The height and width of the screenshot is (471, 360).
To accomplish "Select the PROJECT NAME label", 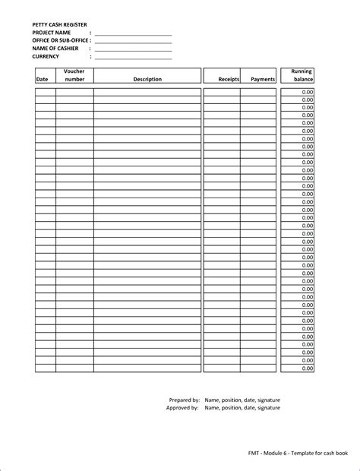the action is coord(52,33).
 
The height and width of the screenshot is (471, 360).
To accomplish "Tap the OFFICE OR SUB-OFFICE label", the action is coord(61,40).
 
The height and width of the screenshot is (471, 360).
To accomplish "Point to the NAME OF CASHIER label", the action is coord(55,49).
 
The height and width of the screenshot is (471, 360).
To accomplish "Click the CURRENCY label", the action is coord(46,56).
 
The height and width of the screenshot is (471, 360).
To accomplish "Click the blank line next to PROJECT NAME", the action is coord(133,34).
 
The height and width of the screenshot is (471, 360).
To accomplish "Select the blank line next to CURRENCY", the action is coord(133,58).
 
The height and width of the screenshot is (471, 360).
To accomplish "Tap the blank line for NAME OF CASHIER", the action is coord(133,50).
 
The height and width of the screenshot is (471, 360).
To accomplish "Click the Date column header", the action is coord(42,79).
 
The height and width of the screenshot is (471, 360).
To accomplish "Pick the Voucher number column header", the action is coord(74,75).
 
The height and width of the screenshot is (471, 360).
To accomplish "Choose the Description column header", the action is coord(147,79).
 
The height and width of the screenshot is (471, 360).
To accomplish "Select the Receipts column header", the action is coord(229,79).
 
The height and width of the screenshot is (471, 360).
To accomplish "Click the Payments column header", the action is coord(263,79).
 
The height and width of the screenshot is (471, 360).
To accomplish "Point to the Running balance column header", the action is coord(302,75).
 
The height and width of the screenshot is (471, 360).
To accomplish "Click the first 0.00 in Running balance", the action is coord(307,91).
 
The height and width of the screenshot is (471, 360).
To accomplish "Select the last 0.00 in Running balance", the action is coord(307,368).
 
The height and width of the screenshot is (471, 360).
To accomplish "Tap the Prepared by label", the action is coord(184,399).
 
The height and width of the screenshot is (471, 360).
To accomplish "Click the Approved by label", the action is coord(182,408).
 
